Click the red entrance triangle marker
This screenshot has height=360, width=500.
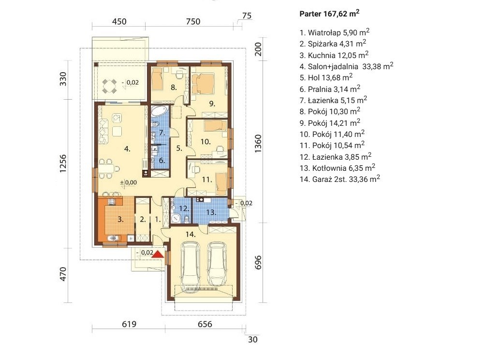(158, 254)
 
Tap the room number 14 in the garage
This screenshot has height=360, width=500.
(191, 234)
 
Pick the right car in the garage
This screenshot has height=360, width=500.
(217, 264)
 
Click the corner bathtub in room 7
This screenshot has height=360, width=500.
(159, 111)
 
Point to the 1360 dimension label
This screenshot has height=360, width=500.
(258, 143)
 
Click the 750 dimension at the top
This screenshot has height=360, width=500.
(193, 21)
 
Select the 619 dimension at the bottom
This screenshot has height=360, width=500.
(129, 324)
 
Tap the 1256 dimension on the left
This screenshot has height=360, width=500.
(63, 164)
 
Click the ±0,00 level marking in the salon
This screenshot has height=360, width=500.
(128, 182)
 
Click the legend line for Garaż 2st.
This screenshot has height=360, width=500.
(339, 179)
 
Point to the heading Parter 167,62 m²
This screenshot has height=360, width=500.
(329, 14)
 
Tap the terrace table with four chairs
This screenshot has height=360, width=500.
(109, 86)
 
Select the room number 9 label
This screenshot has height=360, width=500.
(212, 104)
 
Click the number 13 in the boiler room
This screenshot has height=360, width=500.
(211, 212)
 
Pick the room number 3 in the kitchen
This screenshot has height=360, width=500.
(120, 219)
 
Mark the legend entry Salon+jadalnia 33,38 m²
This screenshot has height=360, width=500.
(346, 66)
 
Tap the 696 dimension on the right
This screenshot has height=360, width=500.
(258, 262)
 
